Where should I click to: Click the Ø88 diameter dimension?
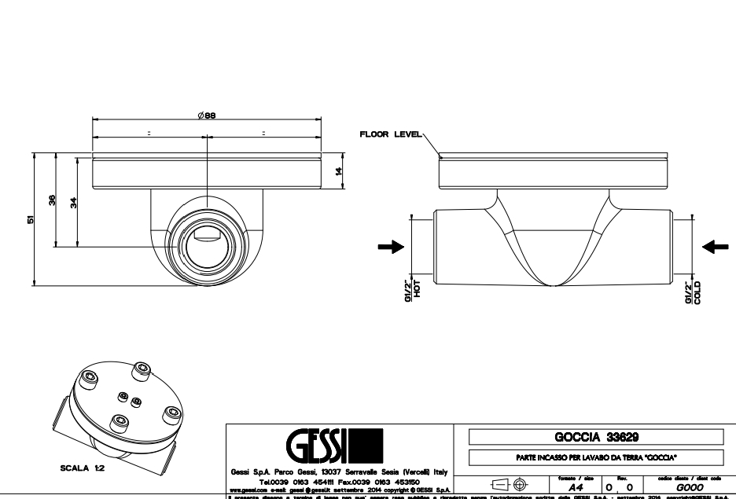coord(207,115)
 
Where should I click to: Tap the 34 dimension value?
coord(73,202)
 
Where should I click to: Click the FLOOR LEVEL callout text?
coord(391,134)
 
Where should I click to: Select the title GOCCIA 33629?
coord(595,438)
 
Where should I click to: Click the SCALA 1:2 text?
coord(83,466)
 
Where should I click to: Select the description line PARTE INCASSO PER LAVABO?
coord(595,457)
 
